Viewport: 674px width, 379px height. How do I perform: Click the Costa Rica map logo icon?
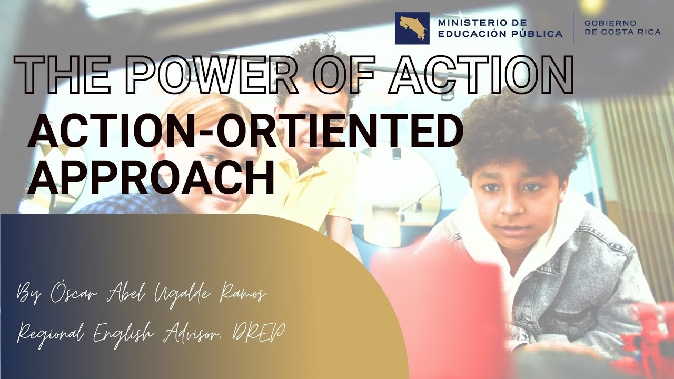412,28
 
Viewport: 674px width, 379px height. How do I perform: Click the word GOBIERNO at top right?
610,23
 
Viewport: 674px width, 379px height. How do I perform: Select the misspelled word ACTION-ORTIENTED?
245,132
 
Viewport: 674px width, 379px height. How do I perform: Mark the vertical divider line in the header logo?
573,28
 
